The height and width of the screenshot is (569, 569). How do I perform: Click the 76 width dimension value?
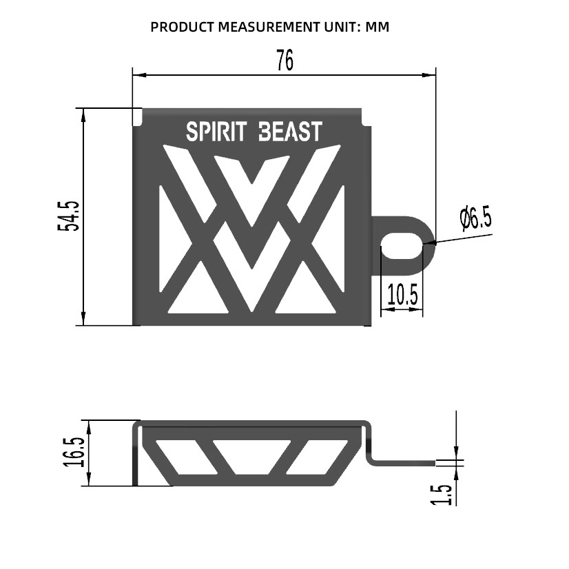[x=284, y=60]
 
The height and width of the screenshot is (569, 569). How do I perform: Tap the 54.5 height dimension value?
[x=68, y=216]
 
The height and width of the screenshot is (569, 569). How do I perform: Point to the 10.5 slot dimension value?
[x=402, y=294]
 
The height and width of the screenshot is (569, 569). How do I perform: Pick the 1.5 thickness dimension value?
[x=441, y=494]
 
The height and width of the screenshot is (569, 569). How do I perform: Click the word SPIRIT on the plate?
[x=216, y=132]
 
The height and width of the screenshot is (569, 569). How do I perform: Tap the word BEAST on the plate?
[x=290, y=132]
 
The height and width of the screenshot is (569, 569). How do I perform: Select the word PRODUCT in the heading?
[x=183, y=27]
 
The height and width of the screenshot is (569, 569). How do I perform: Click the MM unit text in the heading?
[x=377, y=27]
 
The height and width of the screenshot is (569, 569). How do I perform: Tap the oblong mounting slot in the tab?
[x=402, y=247]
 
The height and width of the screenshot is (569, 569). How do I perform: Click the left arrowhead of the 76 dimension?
[x=139, y=75]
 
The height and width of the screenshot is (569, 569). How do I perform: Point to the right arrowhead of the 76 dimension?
[x=428, y=75]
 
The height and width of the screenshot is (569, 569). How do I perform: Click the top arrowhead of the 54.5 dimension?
[x=83, y=115]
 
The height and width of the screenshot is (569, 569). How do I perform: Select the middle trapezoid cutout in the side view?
[x=252, y=457]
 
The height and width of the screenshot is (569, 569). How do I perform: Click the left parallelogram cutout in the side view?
[x=186, y=457]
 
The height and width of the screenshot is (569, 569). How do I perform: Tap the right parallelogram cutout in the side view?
[x=317, y=457]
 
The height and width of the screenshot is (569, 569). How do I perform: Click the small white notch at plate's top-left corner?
[x=137, y=116]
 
